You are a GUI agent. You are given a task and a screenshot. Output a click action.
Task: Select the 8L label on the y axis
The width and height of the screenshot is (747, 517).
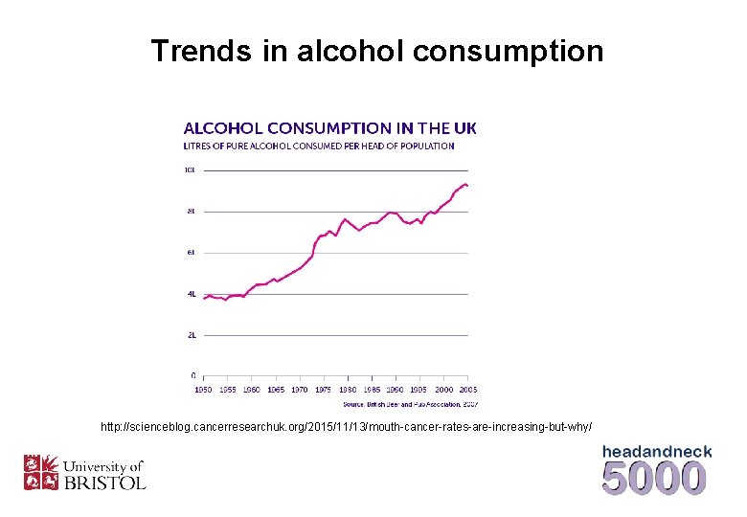pos(190,212)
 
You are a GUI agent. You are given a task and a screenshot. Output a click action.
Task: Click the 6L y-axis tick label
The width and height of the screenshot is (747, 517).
pos(190,253)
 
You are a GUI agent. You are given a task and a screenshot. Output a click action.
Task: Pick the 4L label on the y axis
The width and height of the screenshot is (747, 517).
pos(190,294)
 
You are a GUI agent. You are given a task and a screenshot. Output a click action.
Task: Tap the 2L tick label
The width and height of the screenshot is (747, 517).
pos(190,335)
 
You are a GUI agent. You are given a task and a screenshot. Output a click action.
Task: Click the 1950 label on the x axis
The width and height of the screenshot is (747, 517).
pos(203,390)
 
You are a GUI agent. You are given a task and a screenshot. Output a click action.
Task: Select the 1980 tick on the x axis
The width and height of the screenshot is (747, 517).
pos(347,390)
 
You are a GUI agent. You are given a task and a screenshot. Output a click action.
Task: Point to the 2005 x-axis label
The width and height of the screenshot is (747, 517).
pos(467,390)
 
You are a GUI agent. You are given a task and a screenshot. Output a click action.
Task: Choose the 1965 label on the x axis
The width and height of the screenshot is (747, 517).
pos(275,390)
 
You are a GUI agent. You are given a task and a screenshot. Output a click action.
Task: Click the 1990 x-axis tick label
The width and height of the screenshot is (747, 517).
pos(395,390)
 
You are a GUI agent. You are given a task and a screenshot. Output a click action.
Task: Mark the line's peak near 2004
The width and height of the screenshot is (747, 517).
pos(464,183)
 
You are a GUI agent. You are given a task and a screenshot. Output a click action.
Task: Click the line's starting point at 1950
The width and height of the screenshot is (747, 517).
pos(203,299)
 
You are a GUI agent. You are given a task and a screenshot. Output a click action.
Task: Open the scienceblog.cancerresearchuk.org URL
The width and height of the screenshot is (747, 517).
pos(347,425)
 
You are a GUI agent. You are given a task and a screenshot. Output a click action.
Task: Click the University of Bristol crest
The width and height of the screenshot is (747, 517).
pos(41,472)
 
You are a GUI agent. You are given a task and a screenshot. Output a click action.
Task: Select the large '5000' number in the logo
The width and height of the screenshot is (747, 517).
pos(655,478)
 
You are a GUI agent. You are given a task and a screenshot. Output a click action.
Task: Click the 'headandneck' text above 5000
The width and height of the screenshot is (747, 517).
pos(656,451)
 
